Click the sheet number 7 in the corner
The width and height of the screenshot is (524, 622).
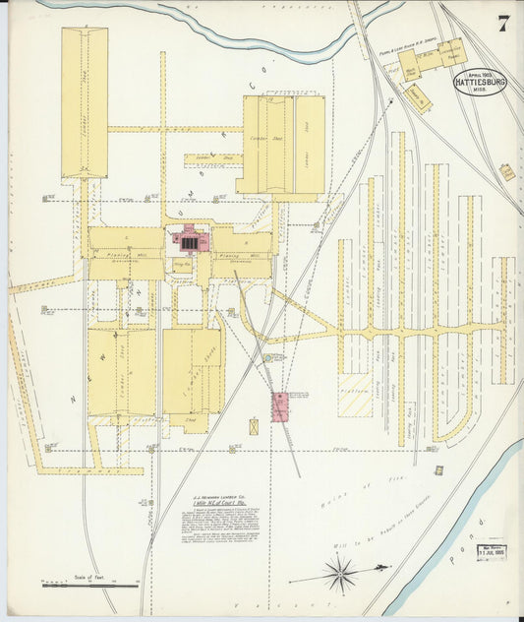[x=503, y=24]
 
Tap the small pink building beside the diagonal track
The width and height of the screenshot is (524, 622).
[x=280, y=406]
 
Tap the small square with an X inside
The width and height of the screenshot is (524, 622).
[x=254, y=426]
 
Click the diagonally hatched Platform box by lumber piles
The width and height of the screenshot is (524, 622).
[x=355, y=394]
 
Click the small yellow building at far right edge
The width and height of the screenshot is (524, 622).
[x=506, y=172]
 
